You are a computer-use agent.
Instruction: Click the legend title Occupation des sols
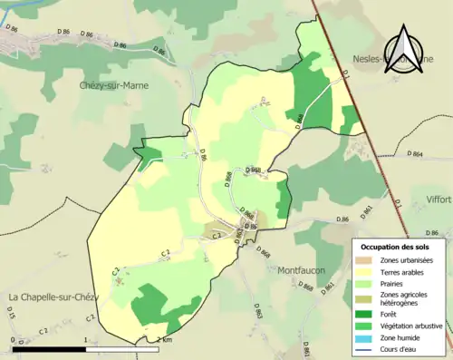coord(400,247)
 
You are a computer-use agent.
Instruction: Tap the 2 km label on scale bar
coord(162,339)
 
